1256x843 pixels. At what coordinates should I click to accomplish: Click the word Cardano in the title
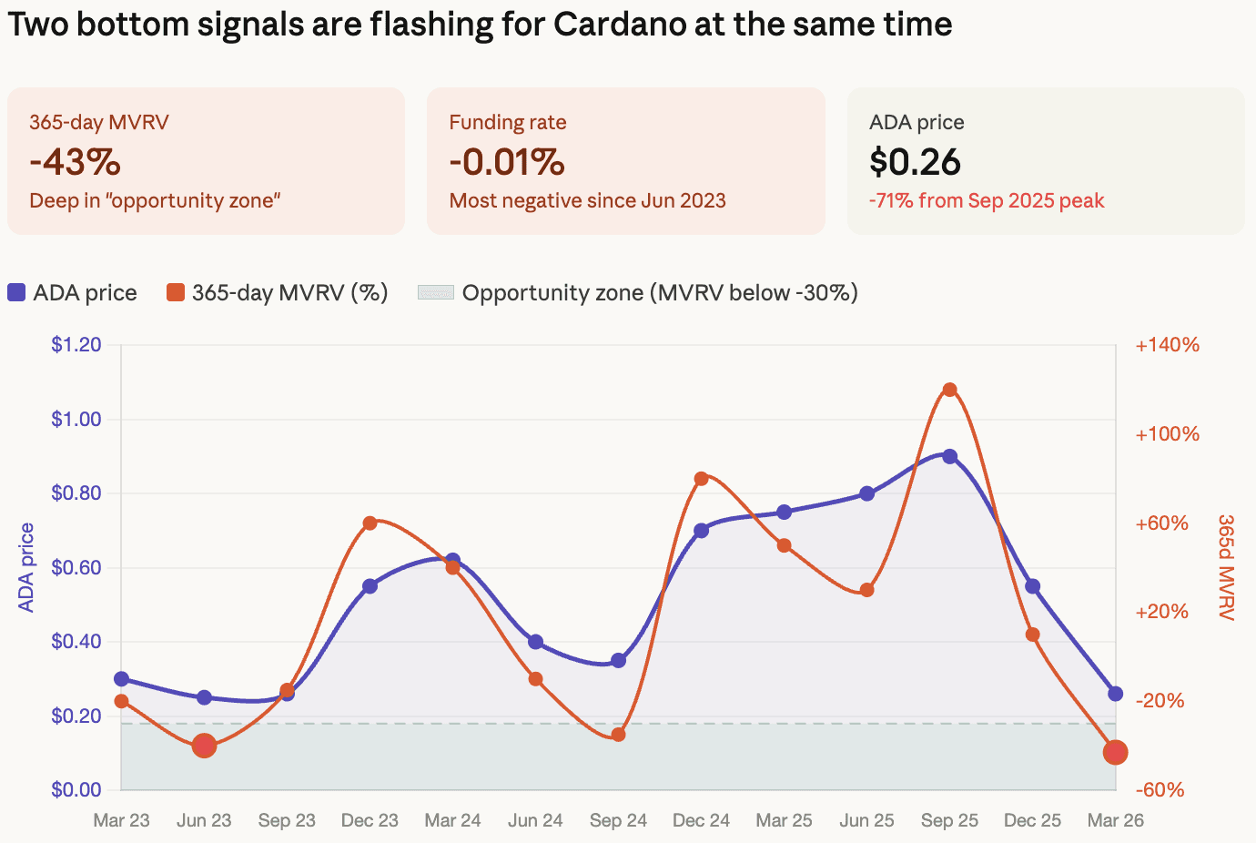tap(620, 24)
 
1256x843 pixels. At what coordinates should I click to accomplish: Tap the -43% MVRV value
tap(76, 161)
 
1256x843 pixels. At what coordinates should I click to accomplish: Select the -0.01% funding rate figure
tap(507, 161)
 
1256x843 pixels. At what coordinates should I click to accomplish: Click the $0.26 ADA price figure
tap(915, 161)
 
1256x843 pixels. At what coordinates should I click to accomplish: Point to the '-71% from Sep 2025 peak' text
tap(987, 200)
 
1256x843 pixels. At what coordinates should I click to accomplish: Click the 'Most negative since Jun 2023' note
tap(588, 200)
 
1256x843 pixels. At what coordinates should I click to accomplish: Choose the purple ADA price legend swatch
tap(16, 292)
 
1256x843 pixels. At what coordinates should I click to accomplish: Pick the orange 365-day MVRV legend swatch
tap(176, 292)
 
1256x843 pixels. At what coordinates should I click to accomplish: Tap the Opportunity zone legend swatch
tap(436, 292)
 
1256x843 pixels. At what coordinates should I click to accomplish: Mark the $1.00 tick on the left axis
tap(76, 419)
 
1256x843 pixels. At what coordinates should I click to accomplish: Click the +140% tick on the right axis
tap(1168, 344)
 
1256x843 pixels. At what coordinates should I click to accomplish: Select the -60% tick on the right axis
tap(1160, 789)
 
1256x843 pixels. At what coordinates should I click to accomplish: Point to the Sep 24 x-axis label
tap(619, 820)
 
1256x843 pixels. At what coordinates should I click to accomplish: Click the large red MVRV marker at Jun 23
tap(204, 746)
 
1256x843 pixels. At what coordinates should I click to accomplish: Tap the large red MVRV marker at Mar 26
tap(1115, 753)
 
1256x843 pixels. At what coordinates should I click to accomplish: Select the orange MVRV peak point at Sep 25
tap(949, 390)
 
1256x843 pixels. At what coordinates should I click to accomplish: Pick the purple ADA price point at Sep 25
tap(949, 457)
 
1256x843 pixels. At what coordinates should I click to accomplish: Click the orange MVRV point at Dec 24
tap(701, 479)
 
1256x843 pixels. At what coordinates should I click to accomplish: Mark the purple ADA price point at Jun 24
tap(535, 642)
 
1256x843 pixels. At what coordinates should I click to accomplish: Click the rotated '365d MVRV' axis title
tap(1227, 567)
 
